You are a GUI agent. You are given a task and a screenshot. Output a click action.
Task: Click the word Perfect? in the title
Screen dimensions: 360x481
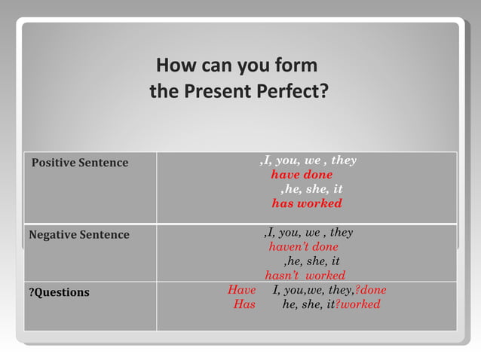tap(292, 92)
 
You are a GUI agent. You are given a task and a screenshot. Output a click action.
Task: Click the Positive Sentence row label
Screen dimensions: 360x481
tap(80, 163)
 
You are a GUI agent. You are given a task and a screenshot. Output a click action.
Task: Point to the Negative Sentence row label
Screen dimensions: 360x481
tap(79, 235)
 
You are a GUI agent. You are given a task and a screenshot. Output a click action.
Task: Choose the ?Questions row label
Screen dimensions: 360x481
tap(59, 292)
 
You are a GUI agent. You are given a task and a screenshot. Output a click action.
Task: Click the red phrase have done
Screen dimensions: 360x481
tap(302, 175)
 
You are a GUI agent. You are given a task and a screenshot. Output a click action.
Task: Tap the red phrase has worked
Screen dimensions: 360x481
tap(307, 203)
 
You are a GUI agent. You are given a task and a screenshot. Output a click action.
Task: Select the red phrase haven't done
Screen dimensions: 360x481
tap(303, 247)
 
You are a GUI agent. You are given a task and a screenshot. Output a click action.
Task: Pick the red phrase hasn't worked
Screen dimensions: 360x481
tap(305, 276)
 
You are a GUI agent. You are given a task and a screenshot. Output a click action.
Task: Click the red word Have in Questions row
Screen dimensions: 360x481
tap(242, 290)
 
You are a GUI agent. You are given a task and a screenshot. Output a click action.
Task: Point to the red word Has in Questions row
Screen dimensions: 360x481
tap(244, 304)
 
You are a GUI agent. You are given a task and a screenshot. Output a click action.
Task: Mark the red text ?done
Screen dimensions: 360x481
tap(370, 290)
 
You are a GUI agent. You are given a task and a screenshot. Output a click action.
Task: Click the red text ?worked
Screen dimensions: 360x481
tap(358, 304)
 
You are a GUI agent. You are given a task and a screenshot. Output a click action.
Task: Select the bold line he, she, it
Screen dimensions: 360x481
tap(311, 189)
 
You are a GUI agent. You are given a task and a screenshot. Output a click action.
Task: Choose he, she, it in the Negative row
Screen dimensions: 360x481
tap(311, 261)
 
